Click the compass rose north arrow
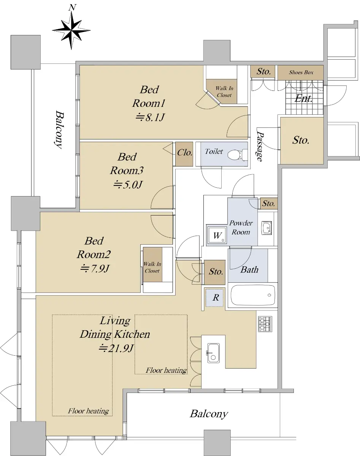(x=71, y=30)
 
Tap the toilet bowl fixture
(x=237, y=154)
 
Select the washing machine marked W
(x=217, y=235)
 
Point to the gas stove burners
(x=265, y=324)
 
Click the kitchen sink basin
(x=213, y=353)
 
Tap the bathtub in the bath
(x=252, y=295)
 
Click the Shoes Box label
(x=301, y=73)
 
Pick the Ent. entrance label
(x=303, y=98)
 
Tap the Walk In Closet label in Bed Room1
(x=224, y=92)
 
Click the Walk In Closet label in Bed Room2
(x=152, y=267)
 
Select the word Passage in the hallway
(x=260, y=146)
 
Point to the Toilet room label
(x=214, y=151)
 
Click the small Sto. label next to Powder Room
(x=268, y=203)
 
